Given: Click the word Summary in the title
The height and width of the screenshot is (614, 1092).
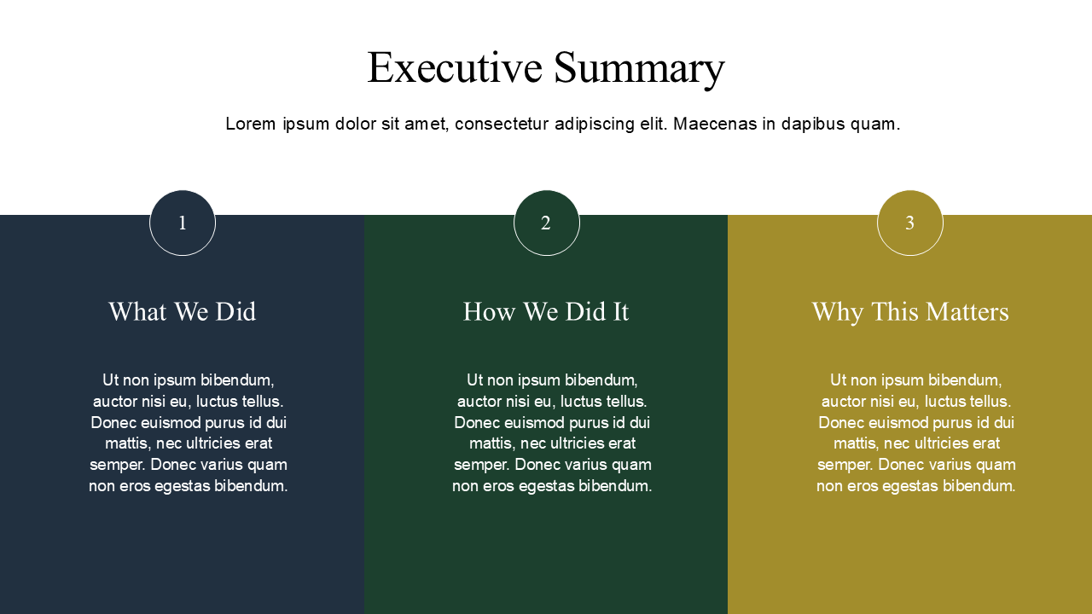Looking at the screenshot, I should pyautogui.click(x=639, y=68).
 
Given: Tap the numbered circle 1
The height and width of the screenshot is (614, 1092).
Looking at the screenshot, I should pyautogui.click(x=183, y=223).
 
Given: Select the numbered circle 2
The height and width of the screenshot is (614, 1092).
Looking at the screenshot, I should pyautogui.click(x=546, y=223).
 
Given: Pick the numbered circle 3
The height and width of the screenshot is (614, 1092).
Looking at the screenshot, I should pyautogui.click(x=909, y=223).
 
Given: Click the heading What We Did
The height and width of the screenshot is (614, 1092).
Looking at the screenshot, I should pyautogui.click(x=183, y=312).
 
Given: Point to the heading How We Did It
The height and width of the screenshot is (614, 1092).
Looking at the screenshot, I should pyautogui.click(x=546, y=312).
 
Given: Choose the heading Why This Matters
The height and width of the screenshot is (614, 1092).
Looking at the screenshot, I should pyautogui.click(x=909, y=312).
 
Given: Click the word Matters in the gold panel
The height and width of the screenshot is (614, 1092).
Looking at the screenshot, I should pyautogui.click(x=967, y=312).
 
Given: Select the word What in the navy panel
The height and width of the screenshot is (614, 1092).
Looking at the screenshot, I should pyautogui.click(x=136, y=312).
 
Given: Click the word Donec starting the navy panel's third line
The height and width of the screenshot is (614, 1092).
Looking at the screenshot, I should pyautogui.click(x=113, y=423).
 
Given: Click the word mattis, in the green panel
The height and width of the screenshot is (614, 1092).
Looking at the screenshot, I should pyautogui.click(x=492, y=444).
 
